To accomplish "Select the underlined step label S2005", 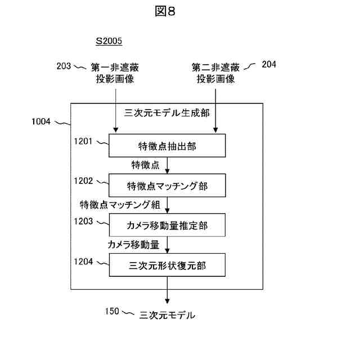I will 109,41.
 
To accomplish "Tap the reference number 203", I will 64,66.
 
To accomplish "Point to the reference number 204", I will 269,64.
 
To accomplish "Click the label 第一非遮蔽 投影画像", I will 115,73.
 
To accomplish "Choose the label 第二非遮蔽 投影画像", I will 215,73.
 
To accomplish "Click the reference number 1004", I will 42,121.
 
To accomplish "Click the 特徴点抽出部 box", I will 167,147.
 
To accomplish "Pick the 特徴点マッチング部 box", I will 167,186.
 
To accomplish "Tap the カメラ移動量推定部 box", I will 167,226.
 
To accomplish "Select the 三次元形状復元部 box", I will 167,265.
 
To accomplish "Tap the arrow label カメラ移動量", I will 134,244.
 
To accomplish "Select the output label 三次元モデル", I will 167,315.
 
